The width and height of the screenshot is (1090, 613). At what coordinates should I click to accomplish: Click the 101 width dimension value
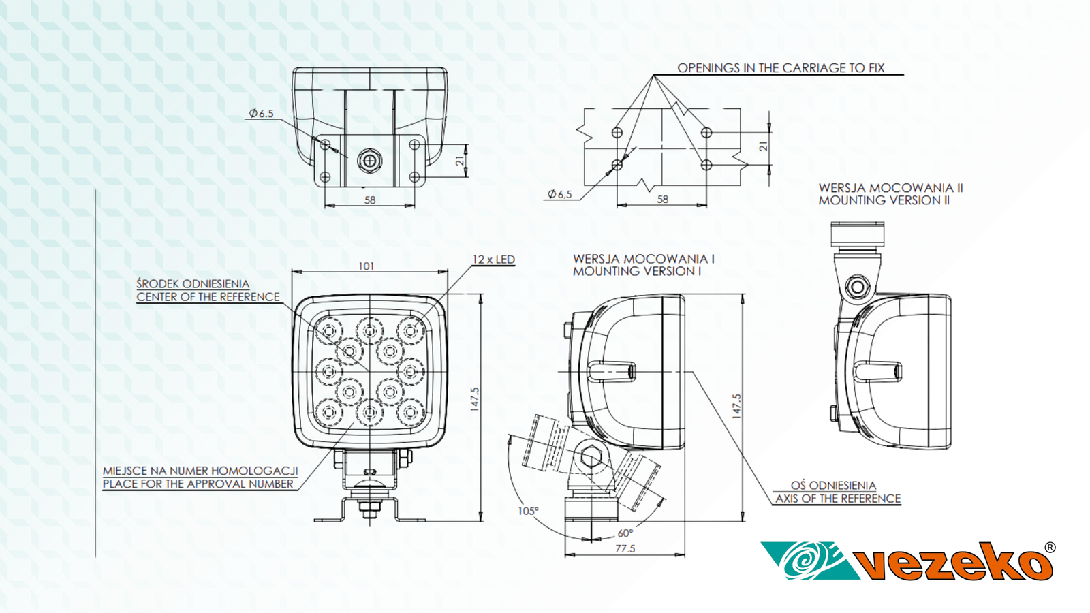367,266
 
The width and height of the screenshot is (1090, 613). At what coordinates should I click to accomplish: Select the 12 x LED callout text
493,260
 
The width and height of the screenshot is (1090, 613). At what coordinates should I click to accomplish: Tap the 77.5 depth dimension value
625,548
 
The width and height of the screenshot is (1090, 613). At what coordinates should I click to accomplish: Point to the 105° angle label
528,511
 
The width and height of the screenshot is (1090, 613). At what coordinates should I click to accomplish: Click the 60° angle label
625,533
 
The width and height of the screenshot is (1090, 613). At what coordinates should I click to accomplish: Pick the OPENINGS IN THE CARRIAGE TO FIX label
780,68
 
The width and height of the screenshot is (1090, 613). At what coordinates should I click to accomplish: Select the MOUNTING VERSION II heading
884,200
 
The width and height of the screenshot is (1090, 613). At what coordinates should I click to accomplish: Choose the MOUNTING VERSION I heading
636,271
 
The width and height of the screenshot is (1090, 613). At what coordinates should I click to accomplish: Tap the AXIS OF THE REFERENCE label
837,499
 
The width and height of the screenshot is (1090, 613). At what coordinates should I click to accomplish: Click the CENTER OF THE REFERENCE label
208,297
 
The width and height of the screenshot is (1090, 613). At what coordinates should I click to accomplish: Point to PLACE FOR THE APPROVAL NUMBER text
198,484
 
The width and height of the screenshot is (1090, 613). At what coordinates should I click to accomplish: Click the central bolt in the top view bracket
369,161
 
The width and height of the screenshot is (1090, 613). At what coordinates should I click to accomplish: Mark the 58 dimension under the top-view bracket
370,200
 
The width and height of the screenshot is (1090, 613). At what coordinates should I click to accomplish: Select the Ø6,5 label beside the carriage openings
559,194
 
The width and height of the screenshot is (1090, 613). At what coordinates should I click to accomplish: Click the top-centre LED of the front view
369,330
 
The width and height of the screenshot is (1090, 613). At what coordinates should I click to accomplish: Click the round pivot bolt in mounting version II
857,287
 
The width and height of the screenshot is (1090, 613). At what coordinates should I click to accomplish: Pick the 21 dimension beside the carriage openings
764,146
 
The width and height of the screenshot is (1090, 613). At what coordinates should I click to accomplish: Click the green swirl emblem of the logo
807,561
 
